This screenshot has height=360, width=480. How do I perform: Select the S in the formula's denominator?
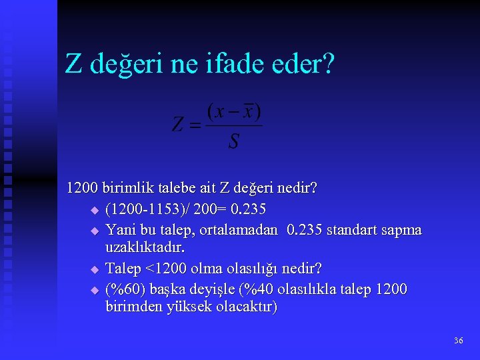pyautogui.click(x=233, y=141)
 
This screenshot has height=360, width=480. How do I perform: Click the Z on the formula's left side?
pyautogui.click(x=179, y=125)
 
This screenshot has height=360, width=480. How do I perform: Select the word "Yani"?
pyautogui.click(x=120, y=230)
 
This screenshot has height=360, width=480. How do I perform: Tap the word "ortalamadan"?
pyautogui.click(x=241, y=230)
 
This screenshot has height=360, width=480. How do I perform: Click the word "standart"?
pyautogui.click(x=353, y=230)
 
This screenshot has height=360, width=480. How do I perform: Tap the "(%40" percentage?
pyautogui.click(x=255, y=289)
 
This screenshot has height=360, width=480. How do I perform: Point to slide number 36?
pyautogui.click(x=458, y=341)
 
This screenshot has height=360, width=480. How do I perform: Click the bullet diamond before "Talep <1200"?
pyautogui.click(x=94, y=269)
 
